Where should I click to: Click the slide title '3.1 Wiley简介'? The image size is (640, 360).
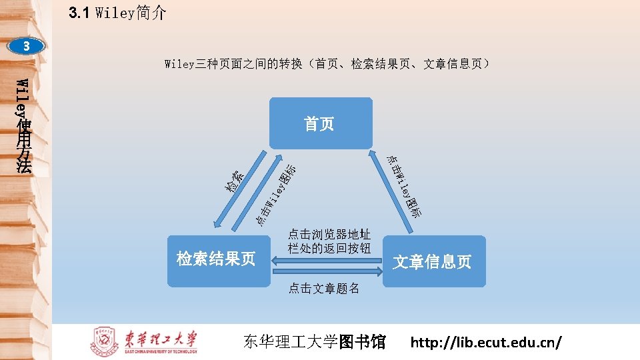117,13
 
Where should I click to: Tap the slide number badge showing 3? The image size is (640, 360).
27,47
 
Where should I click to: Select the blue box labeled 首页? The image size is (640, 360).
320,123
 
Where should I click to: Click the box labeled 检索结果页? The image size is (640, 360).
216,260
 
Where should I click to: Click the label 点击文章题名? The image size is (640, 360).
324,288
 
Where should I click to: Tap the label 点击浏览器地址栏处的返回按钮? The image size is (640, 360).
329,241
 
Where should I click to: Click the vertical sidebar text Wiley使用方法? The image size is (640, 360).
24,127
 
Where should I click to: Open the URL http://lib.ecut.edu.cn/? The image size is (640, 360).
486,343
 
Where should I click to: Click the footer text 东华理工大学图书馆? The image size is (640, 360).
315,343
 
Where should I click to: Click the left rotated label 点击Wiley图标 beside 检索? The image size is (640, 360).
276,194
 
